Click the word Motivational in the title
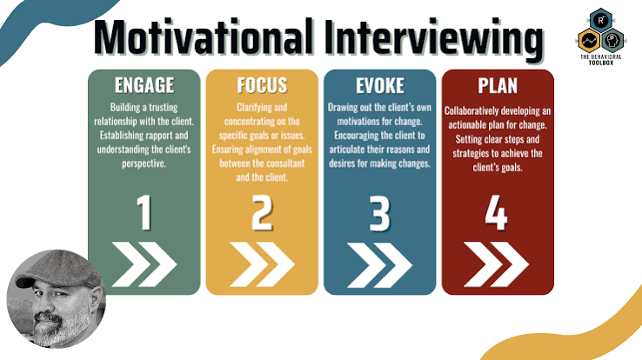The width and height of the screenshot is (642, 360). [x=204, y=37]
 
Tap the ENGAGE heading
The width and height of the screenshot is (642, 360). [x=144, y=85]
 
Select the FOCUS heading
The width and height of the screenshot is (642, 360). [x=262, y=85]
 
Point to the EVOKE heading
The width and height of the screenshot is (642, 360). [x=380, y=85]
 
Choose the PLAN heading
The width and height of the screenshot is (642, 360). [x=498, y=85]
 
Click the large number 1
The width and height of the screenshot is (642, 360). [x=144, y=213]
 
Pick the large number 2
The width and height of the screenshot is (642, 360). [x=262, y=213]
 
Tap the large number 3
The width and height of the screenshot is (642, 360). [x=379, y=213]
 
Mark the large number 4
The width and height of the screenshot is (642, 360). [x=496, y=213]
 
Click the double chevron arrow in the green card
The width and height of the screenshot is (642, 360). [x=144, y=264]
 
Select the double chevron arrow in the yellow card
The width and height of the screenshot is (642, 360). [x=262, y=264]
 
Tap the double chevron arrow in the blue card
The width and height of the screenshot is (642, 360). [x=379, y=264]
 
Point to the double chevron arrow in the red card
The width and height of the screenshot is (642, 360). [x=496, y=264]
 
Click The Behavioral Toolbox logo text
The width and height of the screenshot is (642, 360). [x=600, y=60]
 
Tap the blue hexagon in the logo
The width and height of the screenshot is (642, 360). [x=600, y=20]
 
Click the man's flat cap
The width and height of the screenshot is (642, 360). [x=57, y=270]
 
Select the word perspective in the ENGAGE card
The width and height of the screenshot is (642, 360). [x=144, y=163]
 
